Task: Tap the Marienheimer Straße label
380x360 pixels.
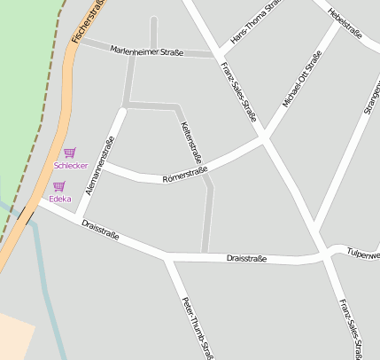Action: [x=147, y=52]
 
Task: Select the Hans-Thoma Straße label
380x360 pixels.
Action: [x=253, y=22]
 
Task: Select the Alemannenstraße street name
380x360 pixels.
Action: [x=99, y=166]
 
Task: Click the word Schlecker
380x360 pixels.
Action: [x=71, y=166]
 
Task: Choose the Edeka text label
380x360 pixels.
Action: [x=60, y=199]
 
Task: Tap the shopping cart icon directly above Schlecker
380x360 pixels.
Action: [x=69, y=153]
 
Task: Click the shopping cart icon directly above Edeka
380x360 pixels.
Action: [x=59, y=186]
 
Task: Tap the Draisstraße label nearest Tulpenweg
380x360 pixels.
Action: [x=246, y=258]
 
